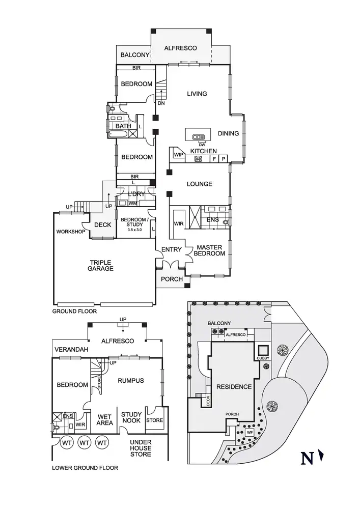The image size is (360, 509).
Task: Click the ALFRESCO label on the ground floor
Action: click(x=180, y=48)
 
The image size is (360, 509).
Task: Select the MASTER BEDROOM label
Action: click(x=210, y=250)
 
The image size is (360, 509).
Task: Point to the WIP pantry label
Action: click(x=178, y=154)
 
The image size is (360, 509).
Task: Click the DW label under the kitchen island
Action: click(x=202, y=145)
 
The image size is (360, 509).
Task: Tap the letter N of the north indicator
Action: click(x=307, y=459)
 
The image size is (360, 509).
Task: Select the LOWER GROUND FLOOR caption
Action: click(x=86, y=467)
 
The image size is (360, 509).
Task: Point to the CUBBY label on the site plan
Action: click(x=263, y=358)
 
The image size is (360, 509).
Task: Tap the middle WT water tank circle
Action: click(x=85, y=443)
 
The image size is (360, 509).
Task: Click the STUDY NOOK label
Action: click(x=131, y=418)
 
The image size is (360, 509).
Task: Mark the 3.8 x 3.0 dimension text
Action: click(x=134, y=230)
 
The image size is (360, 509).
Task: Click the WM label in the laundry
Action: click(x=133, y=203)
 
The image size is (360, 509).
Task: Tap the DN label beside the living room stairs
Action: click(x=161, y=104)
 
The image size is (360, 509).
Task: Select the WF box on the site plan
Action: click(x=250, y=433)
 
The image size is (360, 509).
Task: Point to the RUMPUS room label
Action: click(x=131, y=380)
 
